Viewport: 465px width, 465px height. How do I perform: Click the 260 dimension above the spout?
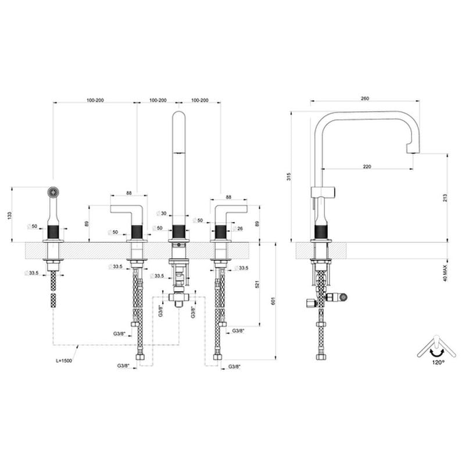[x=365, y=98]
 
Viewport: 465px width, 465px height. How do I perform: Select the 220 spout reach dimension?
[x=367, y=167]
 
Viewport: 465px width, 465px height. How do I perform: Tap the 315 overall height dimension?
[x=289, y=177]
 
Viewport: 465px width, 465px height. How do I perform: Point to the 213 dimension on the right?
[x=445, y=198]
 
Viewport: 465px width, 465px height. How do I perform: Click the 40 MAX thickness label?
[x=445, y=273]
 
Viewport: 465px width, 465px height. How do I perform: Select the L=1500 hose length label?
[x=64, y=360]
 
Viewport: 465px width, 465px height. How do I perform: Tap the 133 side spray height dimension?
[x=9, y=216]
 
